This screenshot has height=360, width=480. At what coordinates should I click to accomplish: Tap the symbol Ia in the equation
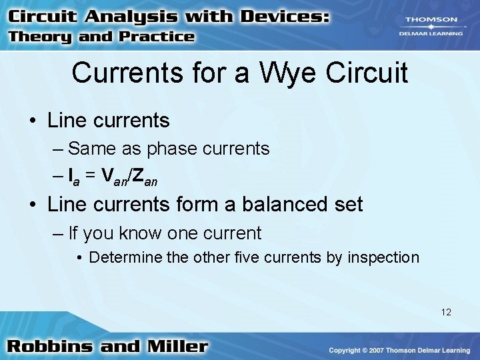coord(75,177)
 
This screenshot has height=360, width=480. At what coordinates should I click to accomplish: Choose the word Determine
coord(119,257)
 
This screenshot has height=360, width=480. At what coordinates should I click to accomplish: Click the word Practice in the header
coord(156,37)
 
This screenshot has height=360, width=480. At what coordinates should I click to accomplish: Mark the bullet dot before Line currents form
coord(33,205)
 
